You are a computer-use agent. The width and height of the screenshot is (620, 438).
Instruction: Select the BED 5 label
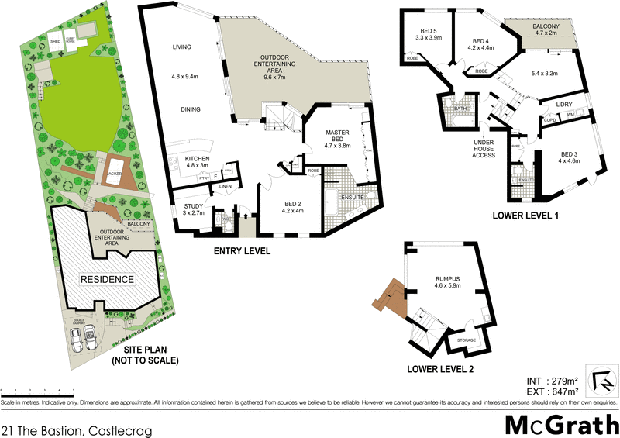[x=428, y=33]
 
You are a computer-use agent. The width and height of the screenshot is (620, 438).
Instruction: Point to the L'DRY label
[x=563, y=102]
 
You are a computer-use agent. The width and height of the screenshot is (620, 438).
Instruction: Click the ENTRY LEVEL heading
[x=243, y=251]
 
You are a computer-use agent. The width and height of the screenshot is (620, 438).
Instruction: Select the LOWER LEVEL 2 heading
[x=440, y=367]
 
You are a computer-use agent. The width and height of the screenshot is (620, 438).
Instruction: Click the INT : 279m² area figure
[x=552, y=381]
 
